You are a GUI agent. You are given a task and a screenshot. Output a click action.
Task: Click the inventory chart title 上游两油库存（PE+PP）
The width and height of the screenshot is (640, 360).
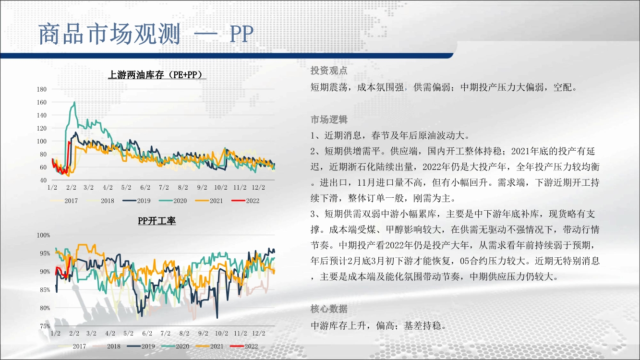[157, 75]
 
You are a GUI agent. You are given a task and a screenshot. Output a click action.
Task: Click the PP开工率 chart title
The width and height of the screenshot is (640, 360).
[157, 221]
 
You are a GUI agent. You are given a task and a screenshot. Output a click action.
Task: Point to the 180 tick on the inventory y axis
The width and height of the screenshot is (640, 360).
[42, 89]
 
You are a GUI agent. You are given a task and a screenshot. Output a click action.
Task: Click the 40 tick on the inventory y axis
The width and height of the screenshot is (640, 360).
[43, 180]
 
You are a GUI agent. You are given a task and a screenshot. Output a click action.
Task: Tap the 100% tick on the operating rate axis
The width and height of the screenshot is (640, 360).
[43, 235]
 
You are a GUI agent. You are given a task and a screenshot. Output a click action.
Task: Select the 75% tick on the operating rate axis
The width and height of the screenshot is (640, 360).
[45, 326]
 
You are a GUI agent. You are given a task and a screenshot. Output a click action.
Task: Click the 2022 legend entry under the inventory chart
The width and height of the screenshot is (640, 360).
[245, 201]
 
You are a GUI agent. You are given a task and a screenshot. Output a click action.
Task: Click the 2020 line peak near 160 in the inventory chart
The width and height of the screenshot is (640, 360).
[74, 102]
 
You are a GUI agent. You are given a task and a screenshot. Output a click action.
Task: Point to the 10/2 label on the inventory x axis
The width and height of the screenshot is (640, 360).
[221, 187]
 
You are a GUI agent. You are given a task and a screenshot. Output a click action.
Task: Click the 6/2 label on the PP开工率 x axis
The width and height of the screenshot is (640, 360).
[147, 334]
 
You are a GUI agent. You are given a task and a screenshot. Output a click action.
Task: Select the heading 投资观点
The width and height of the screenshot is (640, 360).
[329, 71]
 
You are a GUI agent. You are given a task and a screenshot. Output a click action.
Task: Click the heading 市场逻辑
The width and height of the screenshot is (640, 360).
[329, 120]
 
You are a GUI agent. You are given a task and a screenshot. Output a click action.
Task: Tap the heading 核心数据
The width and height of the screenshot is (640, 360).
[329, 309]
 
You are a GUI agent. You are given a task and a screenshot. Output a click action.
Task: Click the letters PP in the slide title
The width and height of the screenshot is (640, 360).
[242, 34]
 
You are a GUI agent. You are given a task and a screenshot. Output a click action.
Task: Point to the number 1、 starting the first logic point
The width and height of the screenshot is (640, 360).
[316, 135]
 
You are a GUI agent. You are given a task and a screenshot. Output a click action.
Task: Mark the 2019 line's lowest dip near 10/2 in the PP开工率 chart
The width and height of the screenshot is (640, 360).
[217, 317]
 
